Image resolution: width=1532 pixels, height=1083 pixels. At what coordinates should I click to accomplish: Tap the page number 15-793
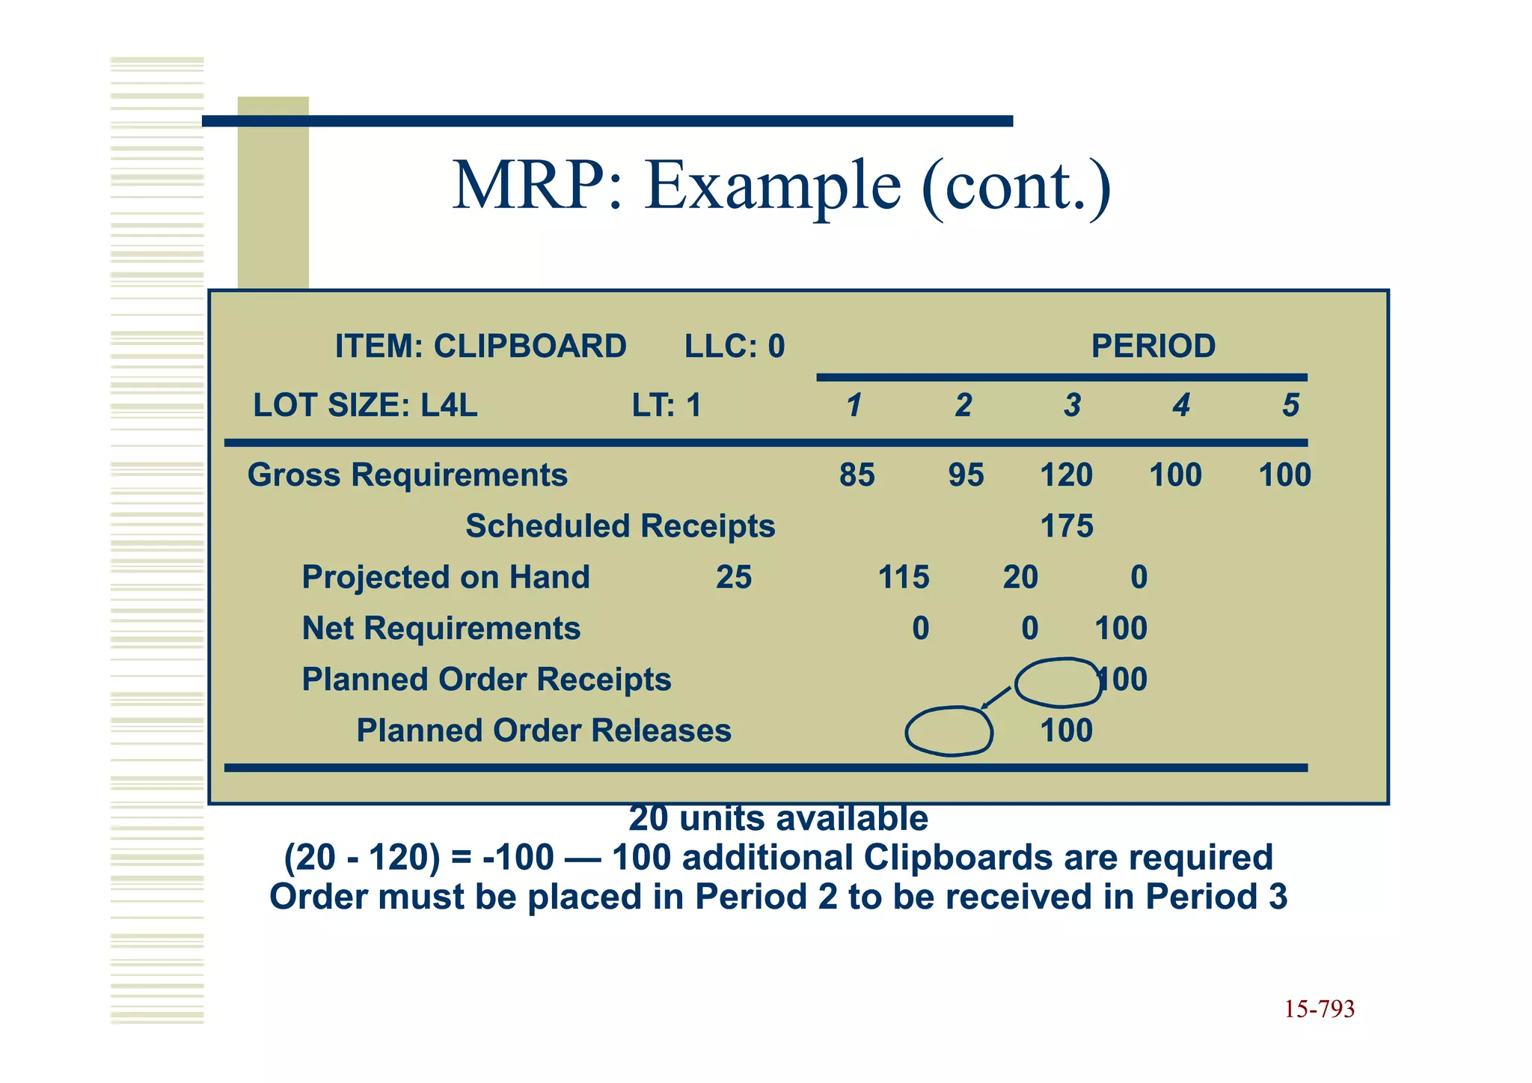(x=1319, y=1010)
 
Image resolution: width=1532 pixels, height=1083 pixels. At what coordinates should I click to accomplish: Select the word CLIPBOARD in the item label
(x=530, y=347)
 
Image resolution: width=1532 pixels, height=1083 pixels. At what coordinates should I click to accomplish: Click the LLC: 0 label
(x=735, y=347)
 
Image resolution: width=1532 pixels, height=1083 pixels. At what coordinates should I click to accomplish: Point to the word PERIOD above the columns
(x=1153, y=347)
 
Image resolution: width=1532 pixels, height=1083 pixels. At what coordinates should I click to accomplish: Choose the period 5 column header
(x=1290, y=406)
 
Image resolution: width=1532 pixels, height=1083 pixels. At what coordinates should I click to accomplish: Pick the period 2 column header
(x=963, y=406)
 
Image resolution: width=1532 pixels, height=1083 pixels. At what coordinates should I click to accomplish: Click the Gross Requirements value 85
(x=857, y=475)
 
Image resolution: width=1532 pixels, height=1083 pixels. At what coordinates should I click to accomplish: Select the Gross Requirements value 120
(x=1066, y=475)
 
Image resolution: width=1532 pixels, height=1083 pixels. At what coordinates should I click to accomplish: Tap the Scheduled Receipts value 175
(x=1067, y=526)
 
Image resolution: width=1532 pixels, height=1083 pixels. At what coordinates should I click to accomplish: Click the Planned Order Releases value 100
(x=1066, y=730)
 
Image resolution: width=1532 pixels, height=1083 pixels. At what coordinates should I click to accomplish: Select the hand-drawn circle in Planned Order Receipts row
(x=1057, y=682)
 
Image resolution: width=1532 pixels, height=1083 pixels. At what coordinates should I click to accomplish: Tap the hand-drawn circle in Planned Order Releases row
(x=949, y=731)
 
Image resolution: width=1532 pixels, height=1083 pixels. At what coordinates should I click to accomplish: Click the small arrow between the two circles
(x=996, y=698)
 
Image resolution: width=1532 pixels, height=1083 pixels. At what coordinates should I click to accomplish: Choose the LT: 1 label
(x=667, y=406)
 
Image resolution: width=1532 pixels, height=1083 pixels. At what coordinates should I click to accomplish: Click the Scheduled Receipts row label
(x=620, y=526)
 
